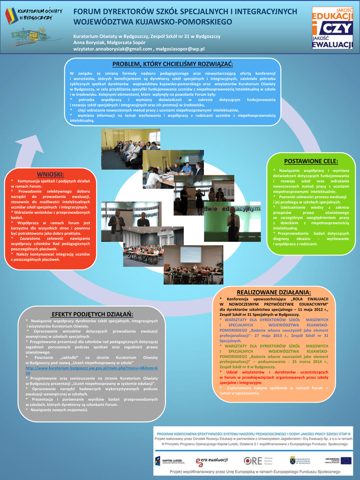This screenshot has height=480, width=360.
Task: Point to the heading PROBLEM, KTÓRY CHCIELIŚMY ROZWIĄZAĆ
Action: click(172, 64)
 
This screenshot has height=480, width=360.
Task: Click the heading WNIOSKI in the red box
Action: click(50, 174)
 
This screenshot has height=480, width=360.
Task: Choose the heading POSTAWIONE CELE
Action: click(311, 161)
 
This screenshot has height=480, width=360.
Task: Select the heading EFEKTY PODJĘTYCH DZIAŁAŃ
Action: click(92, 314)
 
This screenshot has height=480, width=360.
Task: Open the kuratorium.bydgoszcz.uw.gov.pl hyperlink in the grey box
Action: click(91, 369)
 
